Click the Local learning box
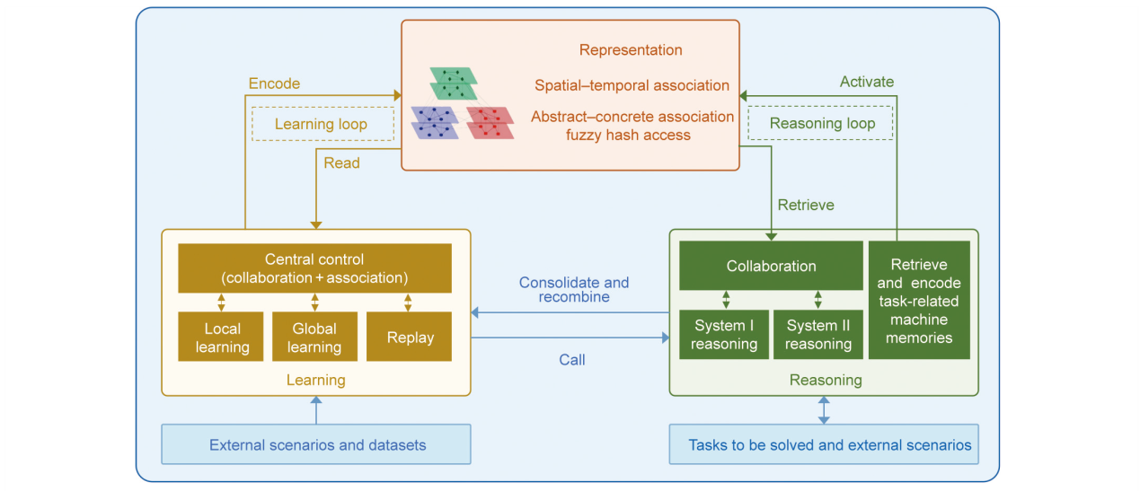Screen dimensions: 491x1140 [x=222, y=337]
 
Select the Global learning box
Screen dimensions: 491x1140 [x=314, y=337]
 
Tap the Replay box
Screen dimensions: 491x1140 [x=409, y=337]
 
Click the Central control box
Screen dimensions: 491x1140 [x=314, y=267]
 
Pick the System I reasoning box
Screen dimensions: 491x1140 [x=724, y=334]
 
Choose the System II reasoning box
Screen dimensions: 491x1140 [x=817, y=334]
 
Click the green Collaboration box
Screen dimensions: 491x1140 [x=771, y=266]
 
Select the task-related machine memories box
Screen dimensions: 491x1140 [x=918, y=300]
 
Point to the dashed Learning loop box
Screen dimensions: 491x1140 [x=322, y=124]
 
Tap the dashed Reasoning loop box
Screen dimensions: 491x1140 [x=821, y=123]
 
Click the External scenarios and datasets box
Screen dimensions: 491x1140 [x=316, y=444]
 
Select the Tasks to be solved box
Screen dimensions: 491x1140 [x=824, y=444]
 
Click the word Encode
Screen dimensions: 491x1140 [x=274, y=83]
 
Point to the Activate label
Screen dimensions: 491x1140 [x=867, y=82]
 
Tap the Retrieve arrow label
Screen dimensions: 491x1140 [x=805, y=205]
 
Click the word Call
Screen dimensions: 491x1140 [x=571, y=360]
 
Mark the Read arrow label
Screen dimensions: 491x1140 [x=341, y=162]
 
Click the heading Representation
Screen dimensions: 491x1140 [x=631, y=50]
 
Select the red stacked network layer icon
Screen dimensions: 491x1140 [x=490, y=122]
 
